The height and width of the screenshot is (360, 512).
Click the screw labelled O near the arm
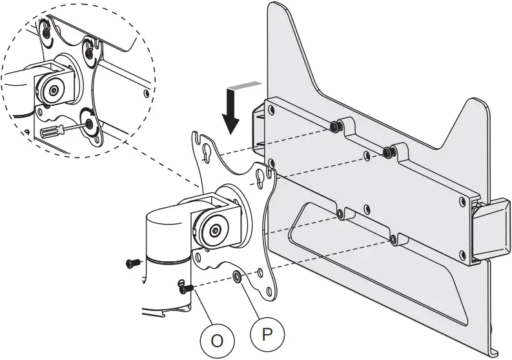pos(185,288)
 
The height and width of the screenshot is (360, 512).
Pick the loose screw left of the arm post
pos(133,263)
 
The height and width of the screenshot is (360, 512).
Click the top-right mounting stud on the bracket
pos(388,152)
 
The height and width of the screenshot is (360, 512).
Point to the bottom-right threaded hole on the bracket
pos(393,239)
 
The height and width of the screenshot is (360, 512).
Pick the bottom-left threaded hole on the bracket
pos(340,212)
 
